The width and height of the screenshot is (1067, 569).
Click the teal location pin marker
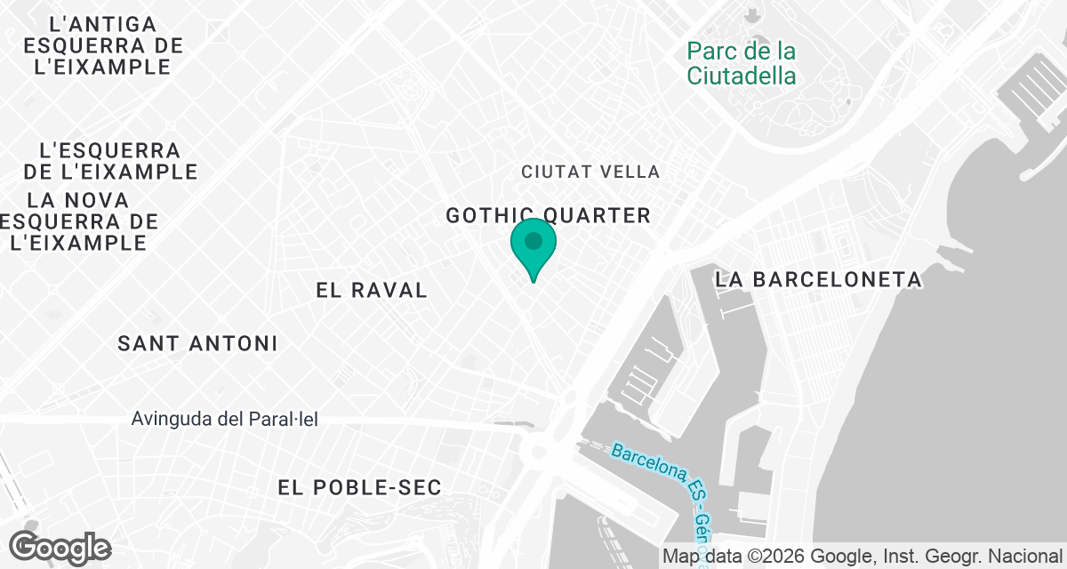click(533, 244)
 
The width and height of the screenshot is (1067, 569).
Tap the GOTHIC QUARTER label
click(548, 215)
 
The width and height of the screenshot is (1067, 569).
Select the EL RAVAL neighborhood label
click(372, 290)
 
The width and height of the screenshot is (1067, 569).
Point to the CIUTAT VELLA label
click(590, 172)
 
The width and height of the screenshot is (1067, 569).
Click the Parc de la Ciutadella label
click(742, 63)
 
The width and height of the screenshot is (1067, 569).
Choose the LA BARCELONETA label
click(819, 279)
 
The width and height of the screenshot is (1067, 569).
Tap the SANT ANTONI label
click(197, 343)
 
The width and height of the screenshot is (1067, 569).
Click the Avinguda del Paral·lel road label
click(224, 419)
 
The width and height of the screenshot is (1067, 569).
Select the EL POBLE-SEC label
click(359, 487)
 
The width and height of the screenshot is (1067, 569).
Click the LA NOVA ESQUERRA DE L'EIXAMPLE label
click(80, 220)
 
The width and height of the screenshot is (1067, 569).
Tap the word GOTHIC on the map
click(491, 215)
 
